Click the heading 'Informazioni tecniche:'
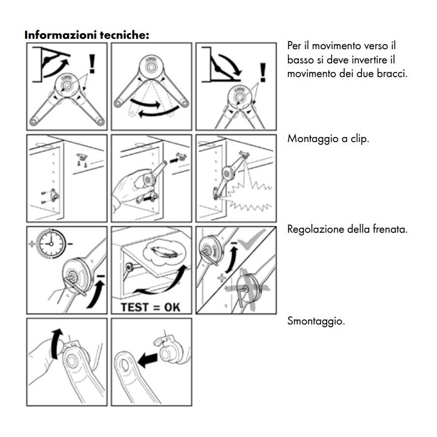coord(86,34)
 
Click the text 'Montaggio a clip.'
coord(328,139)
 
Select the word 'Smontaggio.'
coord(316,321)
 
